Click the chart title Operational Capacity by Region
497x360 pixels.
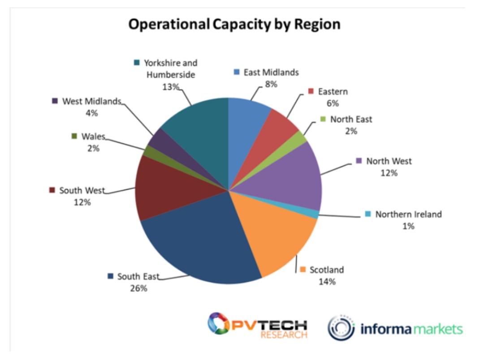point(234,24)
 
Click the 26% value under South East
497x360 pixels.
point(138,288)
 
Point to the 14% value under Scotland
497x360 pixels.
point(327,282)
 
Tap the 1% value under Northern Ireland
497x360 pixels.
point(408,226)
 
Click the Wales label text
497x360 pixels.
point(93,136)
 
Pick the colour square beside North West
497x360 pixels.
point(359,161)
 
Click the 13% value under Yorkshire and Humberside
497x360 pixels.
point(171,86)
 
